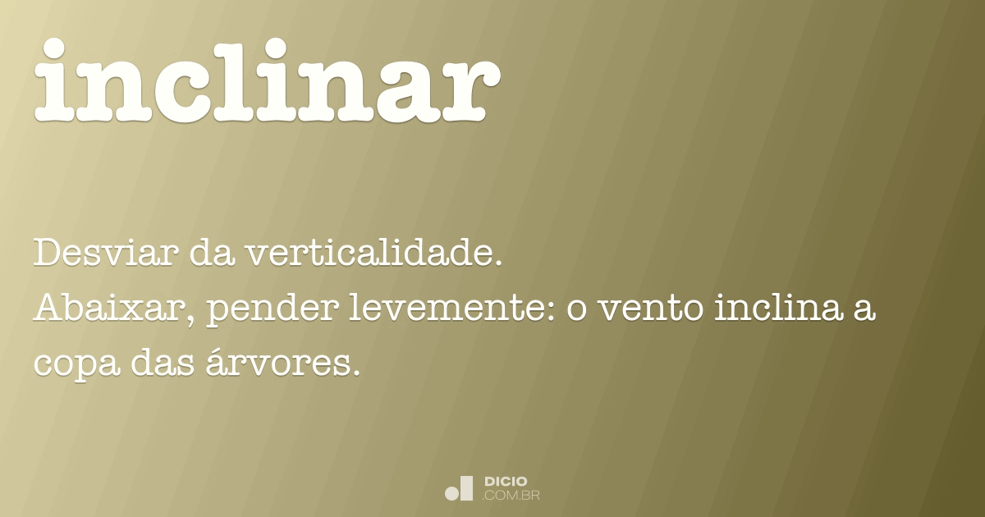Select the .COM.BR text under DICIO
tap(511, 495)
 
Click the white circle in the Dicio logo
tap(451, 493)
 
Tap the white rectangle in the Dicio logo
tap(467, 487)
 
